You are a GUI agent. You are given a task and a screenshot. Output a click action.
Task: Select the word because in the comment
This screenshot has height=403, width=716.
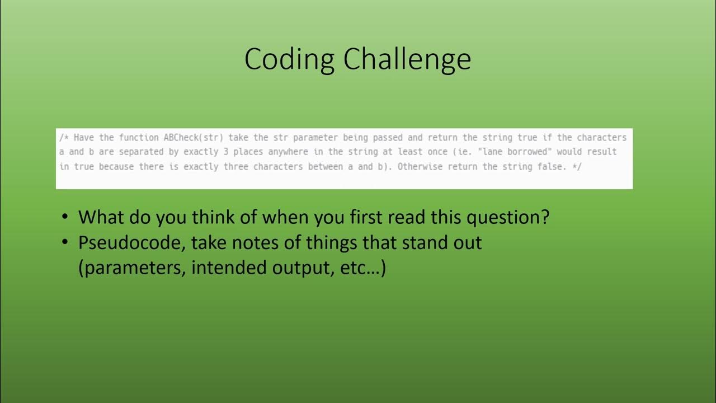[x=116, y=167]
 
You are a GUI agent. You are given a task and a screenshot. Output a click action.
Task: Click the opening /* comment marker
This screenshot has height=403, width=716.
[x=64, y=138]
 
